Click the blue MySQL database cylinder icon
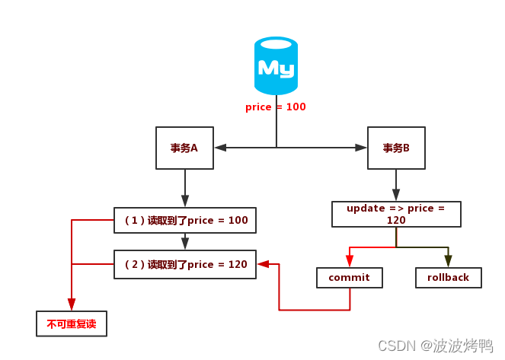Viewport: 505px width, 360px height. coord(276,67)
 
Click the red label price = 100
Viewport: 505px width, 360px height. coord(276,107)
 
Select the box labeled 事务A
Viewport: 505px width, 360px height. coord(184,148)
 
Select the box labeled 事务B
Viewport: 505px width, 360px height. coord(396,148)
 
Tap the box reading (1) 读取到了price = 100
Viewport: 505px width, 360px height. coord(185,221)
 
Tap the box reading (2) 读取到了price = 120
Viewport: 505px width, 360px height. coord(185,264)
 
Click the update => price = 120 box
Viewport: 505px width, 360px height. coord(396,214)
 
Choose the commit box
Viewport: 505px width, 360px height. coord(350,278)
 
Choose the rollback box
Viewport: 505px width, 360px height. coord(448,278)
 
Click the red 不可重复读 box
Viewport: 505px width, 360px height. coord(72,323)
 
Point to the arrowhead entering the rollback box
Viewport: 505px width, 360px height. coord(448,261)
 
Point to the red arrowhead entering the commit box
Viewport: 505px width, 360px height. coord(350,261)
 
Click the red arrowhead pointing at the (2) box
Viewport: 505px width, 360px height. coord(264,264)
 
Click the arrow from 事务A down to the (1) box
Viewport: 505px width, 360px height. coord(185,187)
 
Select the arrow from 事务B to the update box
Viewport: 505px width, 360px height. coord(396,185)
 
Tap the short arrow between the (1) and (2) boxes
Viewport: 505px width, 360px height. coord(185,242)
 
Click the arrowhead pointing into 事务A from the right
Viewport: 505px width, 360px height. coord(219,148)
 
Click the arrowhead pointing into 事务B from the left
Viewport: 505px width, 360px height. coord(362,148)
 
